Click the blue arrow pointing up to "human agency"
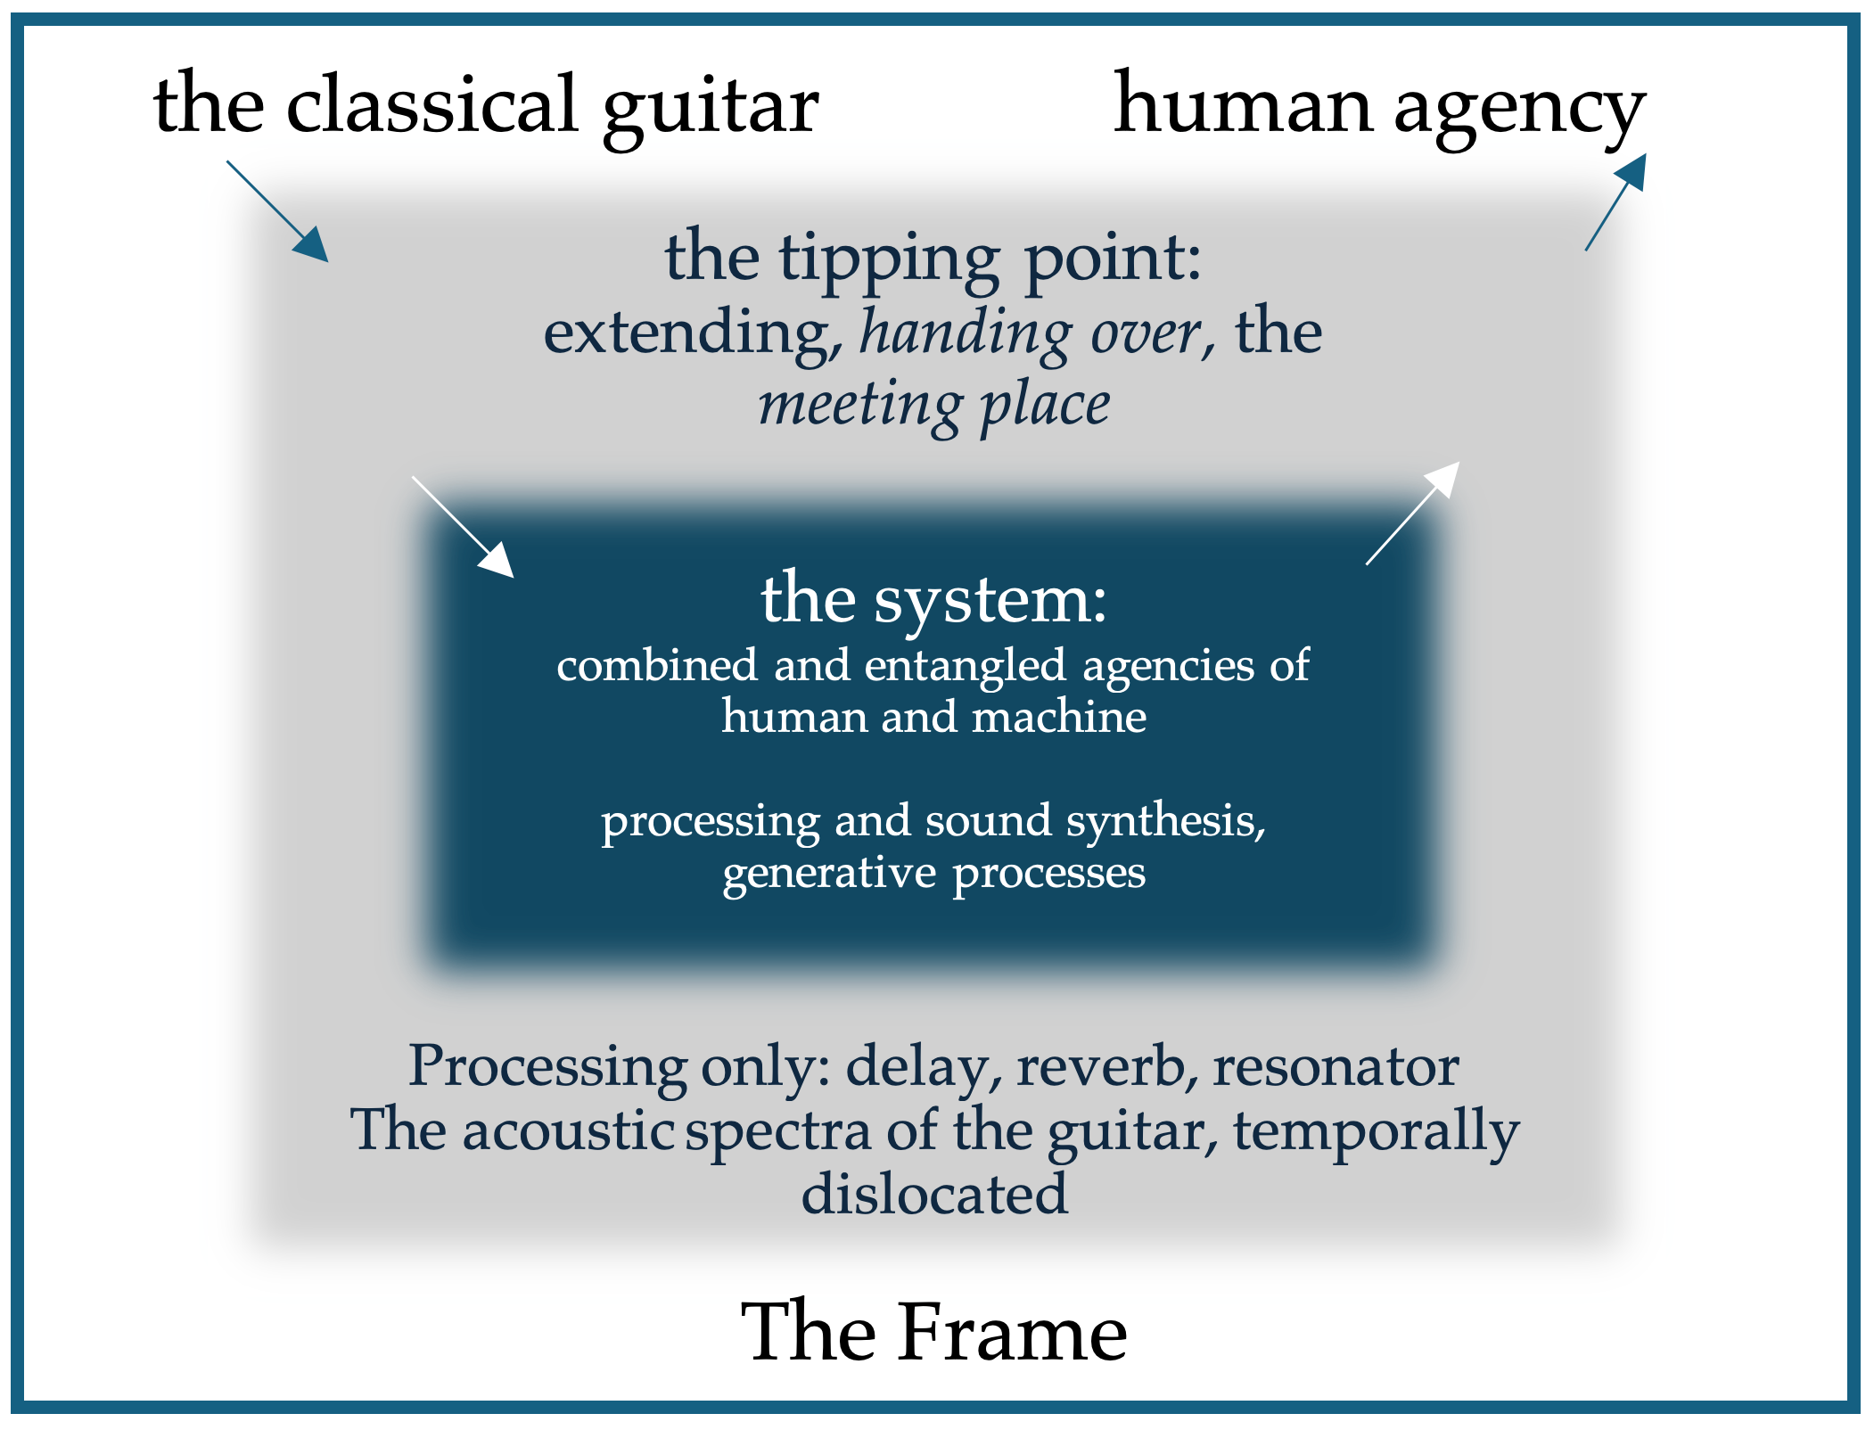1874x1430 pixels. pyautogui.click(x=1615, y=202)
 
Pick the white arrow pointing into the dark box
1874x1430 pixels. pyautogui.click(x=463, y=527)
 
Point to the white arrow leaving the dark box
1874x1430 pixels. pyautogui.click(x=1413, y=513)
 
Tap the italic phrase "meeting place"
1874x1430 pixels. pyautogui.click(x=934, y=406)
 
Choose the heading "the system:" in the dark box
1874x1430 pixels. pyautogui.click(x=933, y=598)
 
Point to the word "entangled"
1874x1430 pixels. pyautogui.click(x=965, y=665)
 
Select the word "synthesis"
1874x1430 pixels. pyautogui.click(x=1165, y=820)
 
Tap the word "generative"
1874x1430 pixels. pyautogui.click(x=829, y=873)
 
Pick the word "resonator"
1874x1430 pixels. pyautogui.click(x=1335, y=1065)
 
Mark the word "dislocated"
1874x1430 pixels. pyautogui.click(x=933, y=1194)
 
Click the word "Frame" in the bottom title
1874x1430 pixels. pyautogui.click(x=1012, y=1332)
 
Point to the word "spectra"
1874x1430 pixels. pyautogui.click(x=778, y=1130)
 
